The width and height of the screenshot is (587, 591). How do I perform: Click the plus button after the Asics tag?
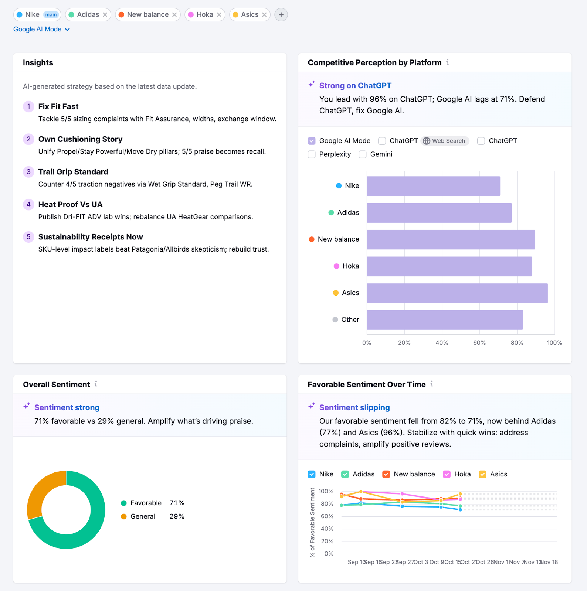(281, 15)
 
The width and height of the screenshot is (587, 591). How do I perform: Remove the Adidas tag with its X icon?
(105, 15)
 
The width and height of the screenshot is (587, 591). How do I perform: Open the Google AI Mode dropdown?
(41, 29)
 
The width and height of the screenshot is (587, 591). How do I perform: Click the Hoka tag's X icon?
(219, 15)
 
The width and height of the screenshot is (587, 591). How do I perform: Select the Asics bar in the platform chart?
(457, 293)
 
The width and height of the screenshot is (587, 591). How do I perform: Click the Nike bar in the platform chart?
(433, 186)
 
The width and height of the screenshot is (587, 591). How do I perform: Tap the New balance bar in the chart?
(451, 239)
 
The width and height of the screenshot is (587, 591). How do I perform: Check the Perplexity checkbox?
(312, 154)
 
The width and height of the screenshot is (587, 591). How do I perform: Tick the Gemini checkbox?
(363, 154)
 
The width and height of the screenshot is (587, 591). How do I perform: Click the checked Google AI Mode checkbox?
(312, 141)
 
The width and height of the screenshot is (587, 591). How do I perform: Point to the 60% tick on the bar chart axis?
(479, 343)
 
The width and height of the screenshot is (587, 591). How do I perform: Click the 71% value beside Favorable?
(177, 503)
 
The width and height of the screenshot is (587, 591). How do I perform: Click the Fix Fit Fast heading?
(58, 107)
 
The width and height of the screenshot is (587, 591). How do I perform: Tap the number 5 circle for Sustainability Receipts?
(28, 237)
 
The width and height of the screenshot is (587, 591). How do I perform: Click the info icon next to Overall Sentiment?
(96, 384)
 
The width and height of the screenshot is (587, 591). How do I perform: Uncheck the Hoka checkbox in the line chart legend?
(447, 474)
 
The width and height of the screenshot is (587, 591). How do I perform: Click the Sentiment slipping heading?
(354, 407)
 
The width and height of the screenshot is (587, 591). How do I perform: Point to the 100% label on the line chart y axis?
(326, 491)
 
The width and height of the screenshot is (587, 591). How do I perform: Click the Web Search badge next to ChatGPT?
(445, 141)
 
